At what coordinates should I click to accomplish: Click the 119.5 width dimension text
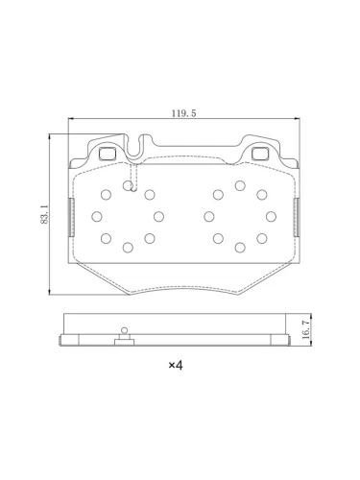pos(183,113)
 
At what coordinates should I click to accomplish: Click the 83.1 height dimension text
pos(45,215)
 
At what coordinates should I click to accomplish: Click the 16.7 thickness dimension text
pos(305,329)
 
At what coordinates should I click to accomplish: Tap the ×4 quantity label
pos(176,365)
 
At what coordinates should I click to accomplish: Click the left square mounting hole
pos(107,154)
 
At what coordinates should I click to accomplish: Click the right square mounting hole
pos(259,154)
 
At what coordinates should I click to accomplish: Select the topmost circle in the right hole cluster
pos(240,185)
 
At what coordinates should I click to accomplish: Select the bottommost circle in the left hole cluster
pos(128,248)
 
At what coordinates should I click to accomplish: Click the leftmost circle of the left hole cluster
pos(97,217)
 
